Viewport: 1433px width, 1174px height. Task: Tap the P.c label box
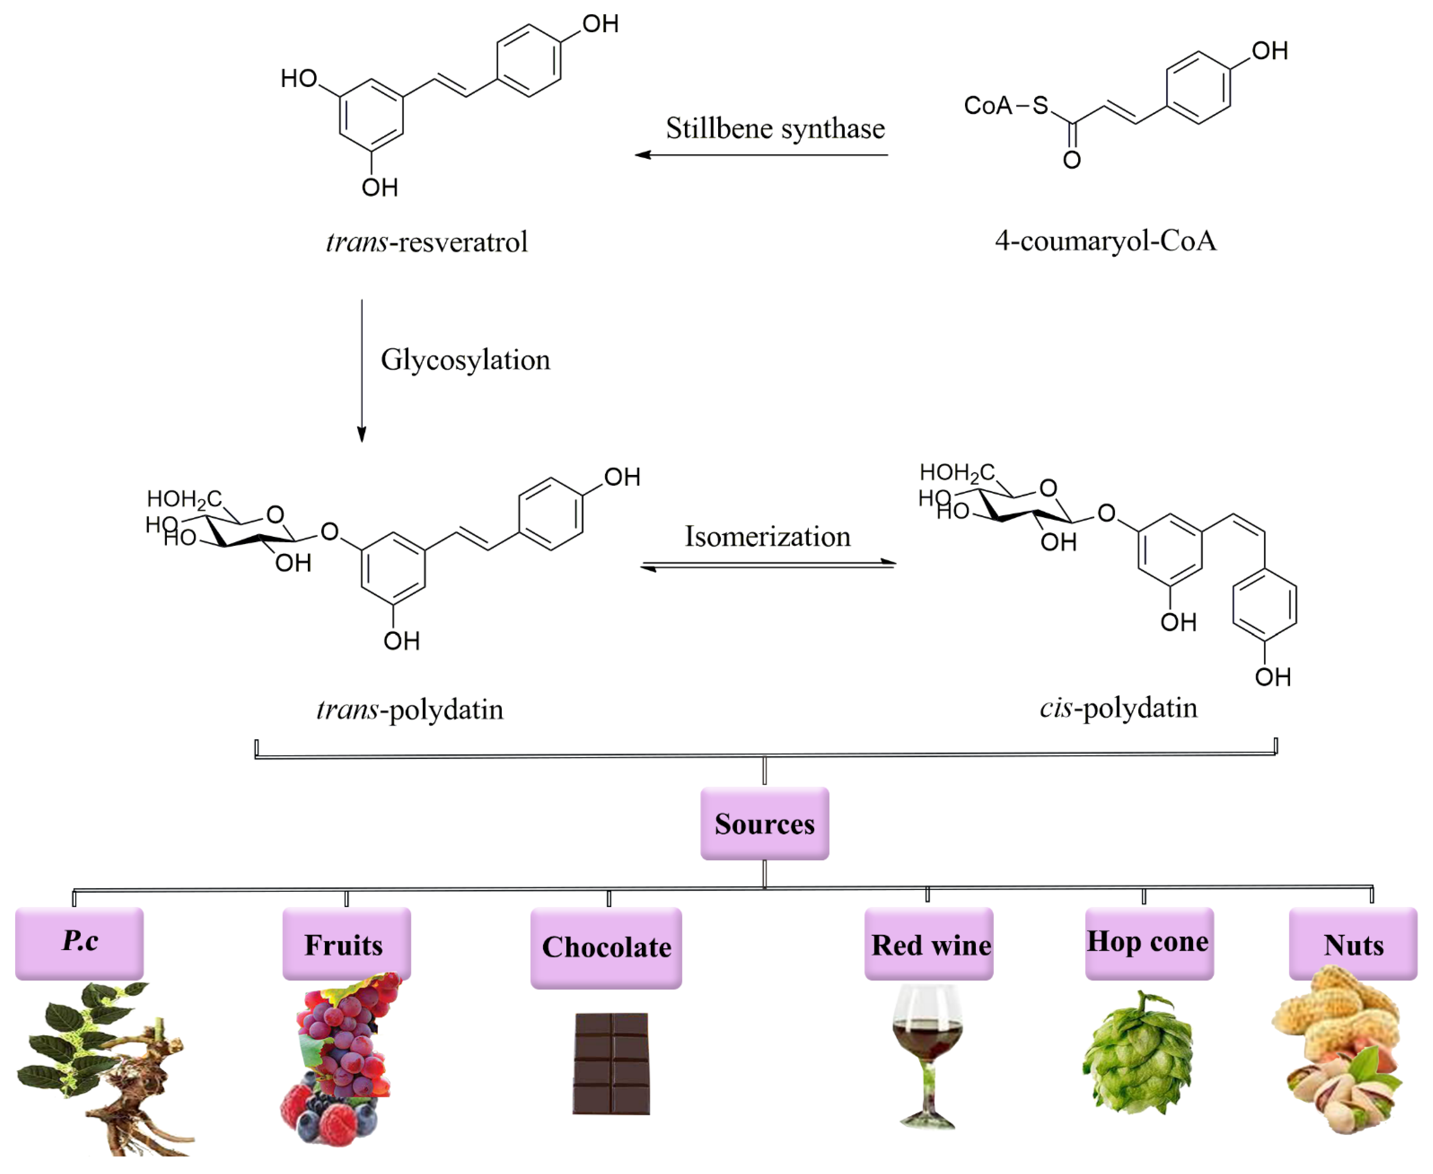coord(79,943)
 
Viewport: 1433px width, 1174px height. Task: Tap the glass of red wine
coord(927,1055)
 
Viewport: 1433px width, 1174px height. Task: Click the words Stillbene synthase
coord(775,128)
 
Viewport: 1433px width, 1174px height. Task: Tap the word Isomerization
coord(768,536)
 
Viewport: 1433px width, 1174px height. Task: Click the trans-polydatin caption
coord(410,709)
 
